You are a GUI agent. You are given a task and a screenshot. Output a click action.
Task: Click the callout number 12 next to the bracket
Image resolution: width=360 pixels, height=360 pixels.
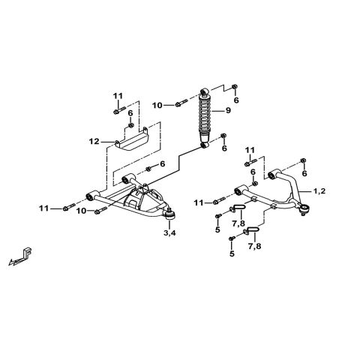(94, 141)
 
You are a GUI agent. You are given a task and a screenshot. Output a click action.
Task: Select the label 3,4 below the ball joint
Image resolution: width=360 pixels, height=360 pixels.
(170, 234)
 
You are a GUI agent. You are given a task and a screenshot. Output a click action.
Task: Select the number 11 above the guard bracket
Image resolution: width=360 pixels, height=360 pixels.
(118, 95)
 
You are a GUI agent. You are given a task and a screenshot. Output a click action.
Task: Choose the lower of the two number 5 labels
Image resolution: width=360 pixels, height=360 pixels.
(232, 254)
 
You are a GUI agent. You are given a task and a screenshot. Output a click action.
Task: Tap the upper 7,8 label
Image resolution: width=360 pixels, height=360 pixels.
(238, 223)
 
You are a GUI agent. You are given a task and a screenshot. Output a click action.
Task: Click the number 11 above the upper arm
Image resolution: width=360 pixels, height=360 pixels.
(250, 150)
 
